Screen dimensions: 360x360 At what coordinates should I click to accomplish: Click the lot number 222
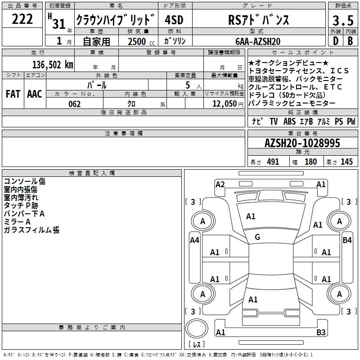point(22,19)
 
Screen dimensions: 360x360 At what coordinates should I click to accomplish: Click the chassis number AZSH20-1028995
point(302,143)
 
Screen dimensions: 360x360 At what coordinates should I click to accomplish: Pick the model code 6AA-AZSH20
point(259,41)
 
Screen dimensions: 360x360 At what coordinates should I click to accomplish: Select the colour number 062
point(75,104)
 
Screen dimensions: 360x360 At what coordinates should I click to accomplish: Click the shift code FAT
point(13,94)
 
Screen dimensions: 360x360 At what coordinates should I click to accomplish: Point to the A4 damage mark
point(194,240)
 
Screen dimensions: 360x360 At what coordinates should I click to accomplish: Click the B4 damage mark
point(347,240)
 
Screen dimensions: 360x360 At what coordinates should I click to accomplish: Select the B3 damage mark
point(321,333)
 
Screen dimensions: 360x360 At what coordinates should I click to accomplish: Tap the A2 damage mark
point(220,184)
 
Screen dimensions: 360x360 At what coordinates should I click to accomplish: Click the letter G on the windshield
point(257,237)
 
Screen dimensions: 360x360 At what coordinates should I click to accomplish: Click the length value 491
point(272,162)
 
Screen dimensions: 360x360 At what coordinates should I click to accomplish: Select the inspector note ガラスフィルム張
point(31,230)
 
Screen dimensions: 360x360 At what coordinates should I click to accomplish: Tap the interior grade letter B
point(350,41)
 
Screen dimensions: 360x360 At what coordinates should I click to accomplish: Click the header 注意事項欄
point(123,134)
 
